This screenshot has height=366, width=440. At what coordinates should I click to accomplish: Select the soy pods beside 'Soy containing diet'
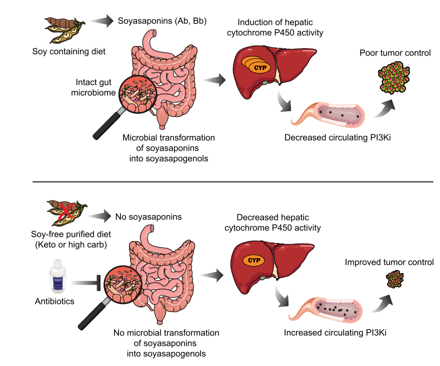click(x=62, y=30)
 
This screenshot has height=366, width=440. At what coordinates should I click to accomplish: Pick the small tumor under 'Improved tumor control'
click(x=396, y=279)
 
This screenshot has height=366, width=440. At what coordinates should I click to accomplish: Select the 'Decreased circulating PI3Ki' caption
click(x=337, y=137)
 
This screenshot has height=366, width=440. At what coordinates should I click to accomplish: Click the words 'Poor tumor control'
click(x=395, y=52)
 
